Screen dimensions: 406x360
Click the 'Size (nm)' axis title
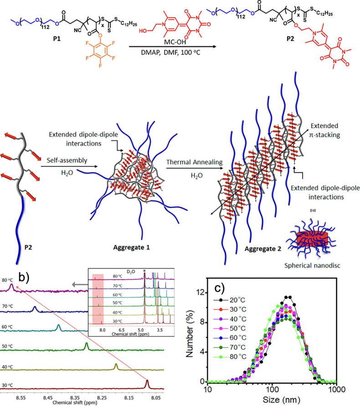click(272, 400)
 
